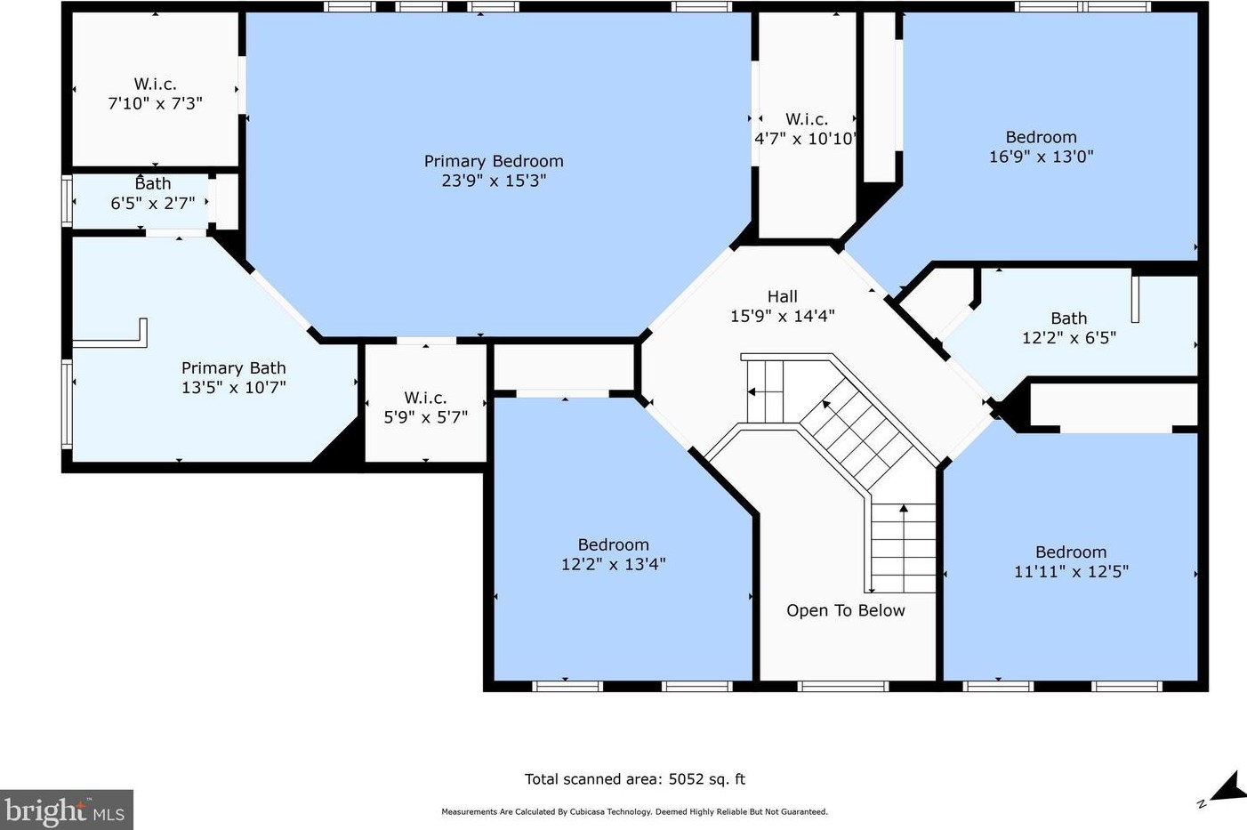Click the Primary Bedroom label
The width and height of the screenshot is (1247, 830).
coord(494,161)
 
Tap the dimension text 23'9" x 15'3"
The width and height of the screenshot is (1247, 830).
coord(494,181)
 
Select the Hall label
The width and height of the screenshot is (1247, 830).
coord(782,296)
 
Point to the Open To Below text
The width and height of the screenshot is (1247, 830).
coord(846,610)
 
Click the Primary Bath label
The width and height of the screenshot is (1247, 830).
coord(234,368)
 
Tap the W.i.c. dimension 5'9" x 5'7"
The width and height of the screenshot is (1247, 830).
coord(426,417)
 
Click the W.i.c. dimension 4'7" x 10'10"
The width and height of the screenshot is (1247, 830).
coord(805,138)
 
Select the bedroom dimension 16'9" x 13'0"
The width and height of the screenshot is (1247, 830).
coord(1041,157)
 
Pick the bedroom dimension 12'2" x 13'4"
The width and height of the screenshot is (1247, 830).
coord(614,564)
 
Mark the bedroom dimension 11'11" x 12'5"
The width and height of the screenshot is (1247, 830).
coord(1071,572)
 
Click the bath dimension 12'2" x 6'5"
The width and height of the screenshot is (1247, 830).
coord(1069,338)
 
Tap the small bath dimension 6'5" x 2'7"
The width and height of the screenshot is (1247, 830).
coord(152,203)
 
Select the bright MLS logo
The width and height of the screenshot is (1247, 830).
coord(66,810)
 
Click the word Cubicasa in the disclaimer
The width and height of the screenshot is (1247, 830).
coord(575,811)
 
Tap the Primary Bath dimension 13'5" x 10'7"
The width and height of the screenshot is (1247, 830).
coord(234,388)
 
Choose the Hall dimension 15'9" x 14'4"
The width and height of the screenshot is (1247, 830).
coord(782,316)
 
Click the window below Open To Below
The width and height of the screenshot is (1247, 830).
coord(843,687)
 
